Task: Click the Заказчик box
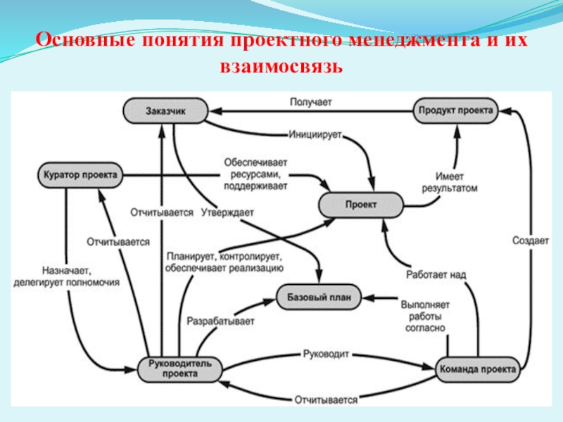point(166,110)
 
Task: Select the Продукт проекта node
point(455,110)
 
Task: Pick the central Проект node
point(361,204)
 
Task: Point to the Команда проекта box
point(478,369)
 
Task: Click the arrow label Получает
point(310,103)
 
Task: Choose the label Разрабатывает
point(220,321)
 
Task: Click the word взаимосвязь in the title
point(281,67)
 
